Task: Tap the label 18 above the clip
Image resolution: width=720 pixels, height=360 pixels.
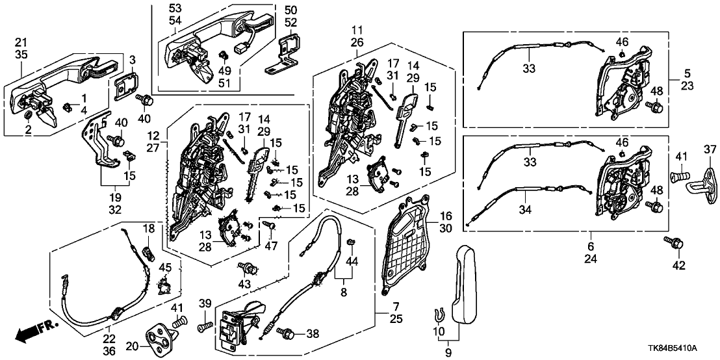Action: pos(148,229)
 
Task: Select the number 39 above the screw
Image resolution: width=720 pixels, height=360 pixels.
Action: pos(205,305)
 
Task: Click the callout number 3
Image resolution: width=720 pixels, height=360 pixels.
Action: pos(132,60)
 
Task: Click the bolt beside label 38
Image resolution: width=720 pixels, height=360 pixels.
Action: pos(285,333)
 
